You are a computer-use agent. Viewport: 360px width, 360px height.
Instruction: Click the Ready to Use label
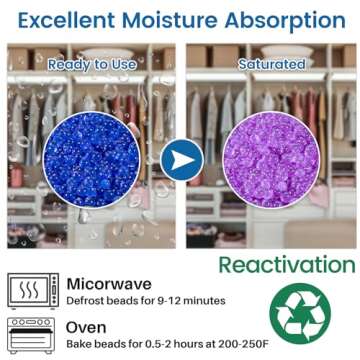(91, 65)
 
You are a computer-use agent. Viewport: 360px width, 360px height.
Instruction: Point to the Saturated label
(271, 65)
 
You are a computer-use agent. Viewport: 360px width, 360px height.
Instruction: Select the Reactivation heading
(286, 265)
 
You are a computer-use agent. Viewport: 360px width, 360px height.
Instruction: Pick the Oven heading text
(86, 327)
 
